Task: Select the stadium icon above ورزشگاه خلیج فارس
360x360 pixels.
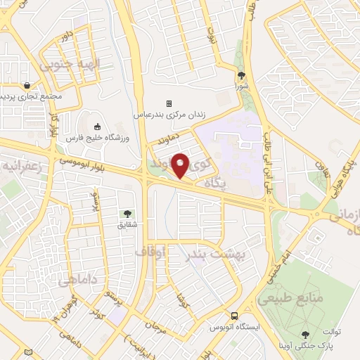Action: [x=97, y=126]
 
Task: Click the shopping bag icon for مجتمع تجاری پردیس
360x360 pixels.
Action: [x=26, y=85]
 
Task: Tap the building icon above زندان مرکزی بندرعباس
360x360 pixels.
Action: [x=169, y=103]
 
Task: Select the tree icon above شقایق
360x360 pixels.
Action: [x=127, y=213]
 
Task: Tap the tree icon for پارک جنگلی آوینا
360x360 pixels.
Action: [x=305, y=335]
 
